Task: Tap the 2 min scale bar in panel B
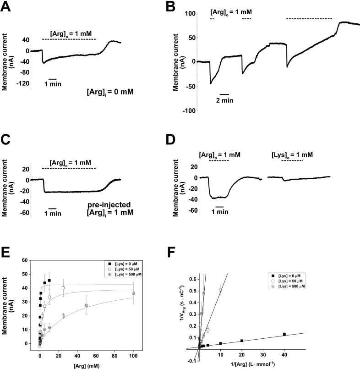coord(224,94)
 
